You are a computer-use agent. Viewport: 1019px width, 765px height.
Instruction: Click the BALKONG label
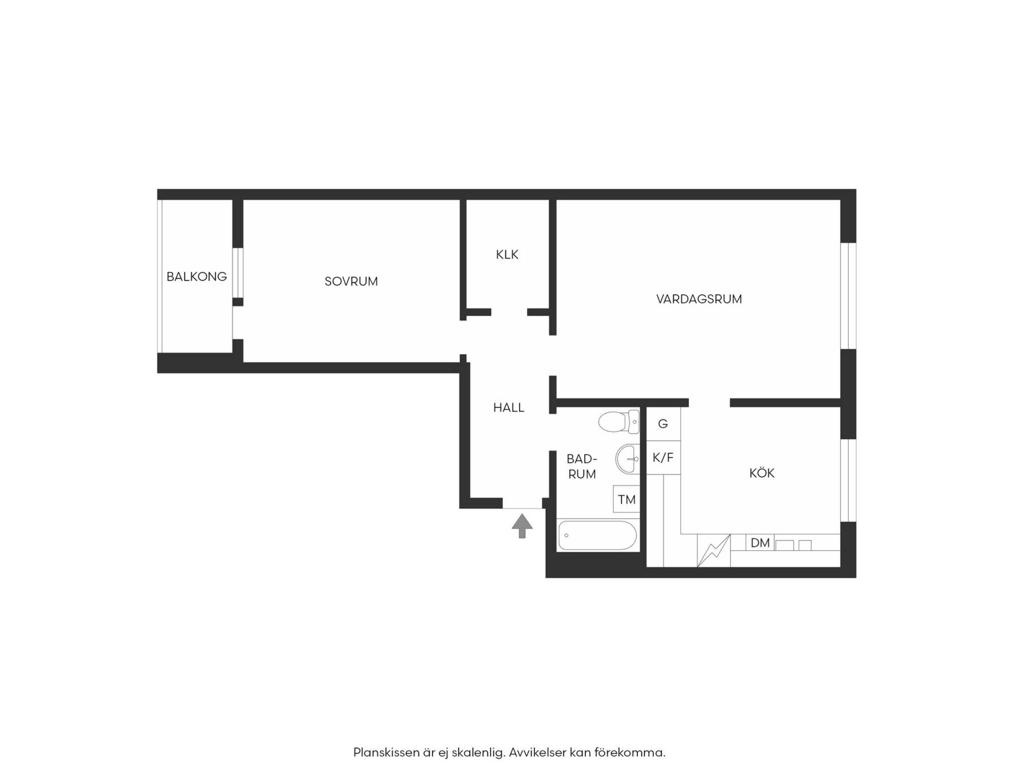coord(196,277)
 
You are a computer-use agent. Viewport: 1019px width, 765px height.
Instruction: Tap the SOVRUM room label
coord(351,281)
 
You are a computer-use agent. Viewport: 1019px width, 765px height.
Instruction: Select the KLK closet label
coord(507,254)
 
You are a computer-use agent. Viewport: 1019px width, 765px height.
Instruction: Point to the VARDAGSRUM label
coord(699,299)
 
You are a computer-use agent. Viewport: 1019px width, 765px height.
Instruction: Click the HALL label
coord(508,407)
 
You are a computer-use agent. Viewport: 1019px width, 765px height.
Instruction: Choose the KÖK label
coord(762,473)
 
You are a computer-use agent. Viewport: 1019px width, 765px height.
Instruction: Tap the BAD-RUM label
coord(582,466)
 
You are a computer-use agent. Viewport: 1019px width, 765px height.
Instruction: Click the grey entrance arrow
coord(522,525)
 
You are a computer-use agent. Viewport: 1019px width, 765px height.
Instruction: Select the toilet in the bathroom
coord(619,422)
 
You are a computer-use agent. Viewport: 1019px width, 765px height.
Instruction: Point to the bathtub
coord(598,535)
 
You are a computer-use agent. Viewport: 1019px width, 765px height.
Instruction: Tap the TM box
coord(627,499)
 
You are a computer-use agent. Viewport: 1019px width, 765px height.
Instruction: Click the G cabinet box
coord(663,424)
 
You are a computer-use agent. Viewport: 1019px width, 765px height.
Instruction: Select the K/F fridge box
coord(663,457)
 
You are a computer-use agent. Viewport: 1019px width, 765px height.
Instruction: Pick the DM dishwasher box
coord(760,542)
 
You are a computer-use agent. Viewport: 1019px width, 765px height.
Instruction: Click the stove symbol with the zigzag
coord(714,550)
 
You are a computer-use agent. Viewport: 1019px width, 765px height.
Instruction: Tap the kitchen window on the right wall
coord(848,480)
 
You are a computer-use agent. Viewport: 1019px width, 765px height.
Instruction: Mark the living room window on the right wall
coord(848,295)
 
